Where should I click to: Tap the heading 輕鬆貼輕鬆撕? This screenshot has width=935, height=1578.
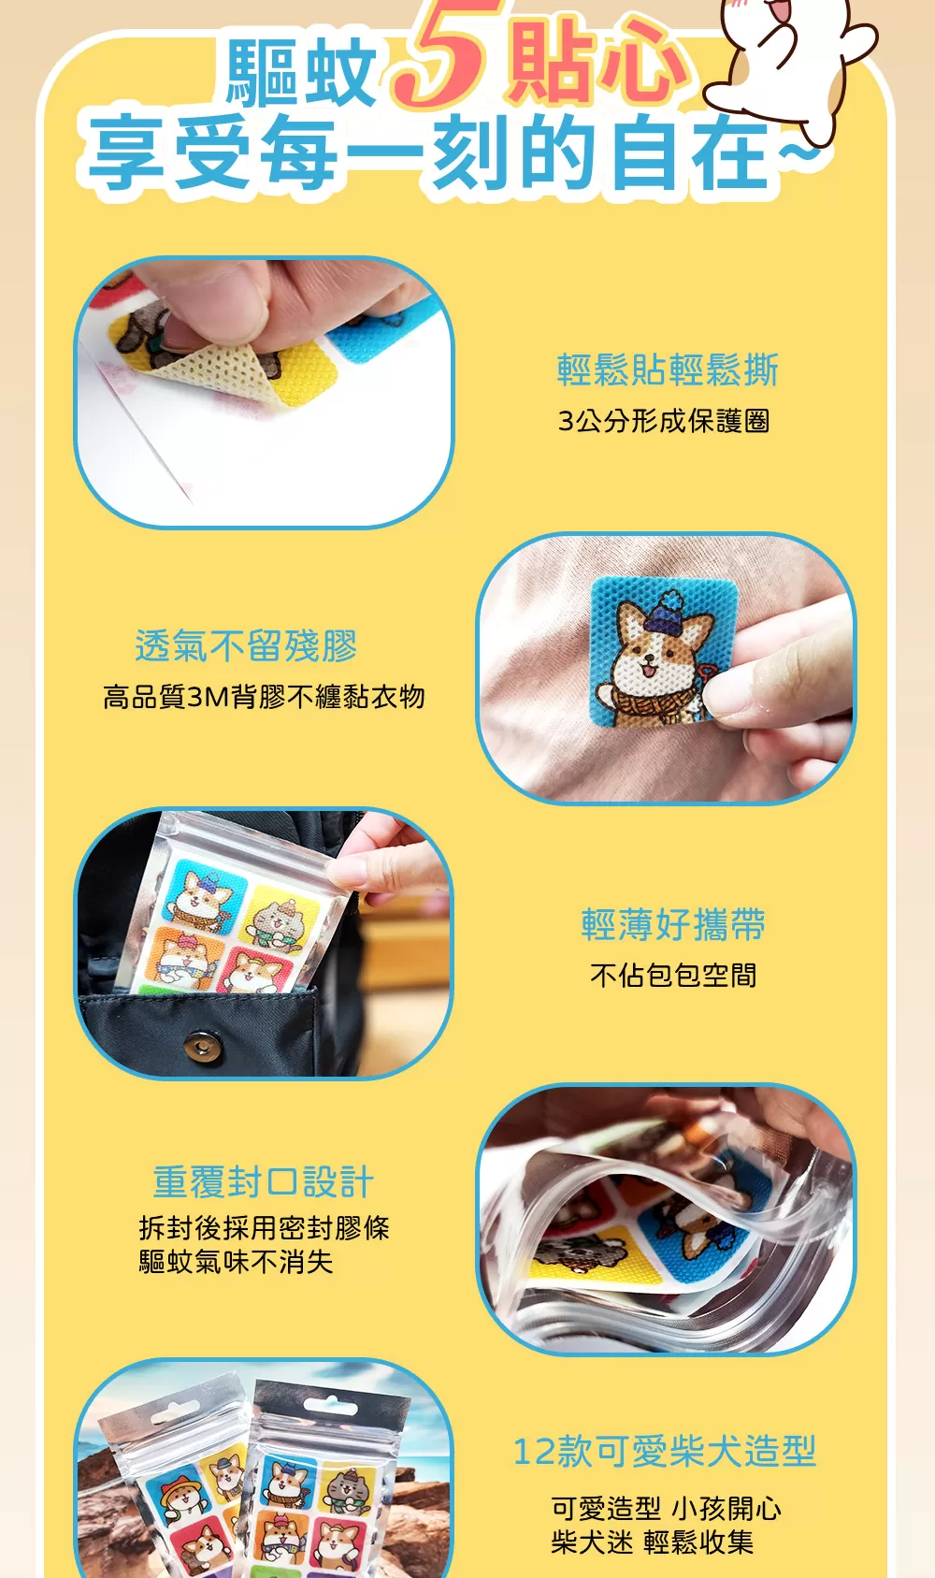pyautogui.click(x=667, y=370)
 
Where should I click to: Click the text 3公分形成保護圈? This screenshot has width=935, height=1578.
pyautogui.click(x=664, y=421)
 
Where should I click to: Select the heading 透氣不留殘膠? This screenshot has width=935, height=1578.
pyautogui.click(x=246, y=646)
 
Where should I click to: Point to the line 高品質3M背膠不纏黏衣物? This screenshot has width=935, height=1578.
pyautogui.click(x=264, y=697)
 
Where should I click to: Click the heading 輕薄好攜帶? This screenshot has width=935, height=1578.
pyautogui.click(x=673, y=924)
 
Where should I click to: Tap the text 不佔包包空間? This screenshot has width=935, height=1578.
pyautogui.click(x=673, y=976)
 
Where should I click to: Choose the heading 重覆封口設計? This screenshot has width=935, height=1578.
pyautogui.click(x=264, y=1182)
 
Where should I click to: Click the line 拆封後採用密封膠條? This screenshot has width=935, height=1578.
pyautogui.click(x=264, y=1227)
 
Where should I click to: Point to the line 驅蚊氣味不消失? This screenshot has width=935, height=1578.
pyautogui.click(x=236, y=1262)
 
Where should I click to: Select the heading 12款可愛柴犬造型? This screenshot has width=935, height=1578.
pyautogui.click(x=665, y=1452)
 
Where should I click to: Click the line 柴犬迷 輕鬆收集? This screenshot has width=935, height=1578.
pyautogui.click(x=652, y=1542)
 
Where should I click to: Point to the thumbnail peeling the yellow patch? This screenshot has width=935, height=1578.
pyautogui.click(x=264, y=393)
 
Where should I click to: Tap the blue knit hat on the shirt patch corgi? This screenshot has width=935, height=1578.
pyautogui.click(x=666, y=614)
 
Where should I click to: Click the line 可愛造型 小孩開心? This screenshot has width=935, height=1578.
pyautogui.click(x=666, y=1509)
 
